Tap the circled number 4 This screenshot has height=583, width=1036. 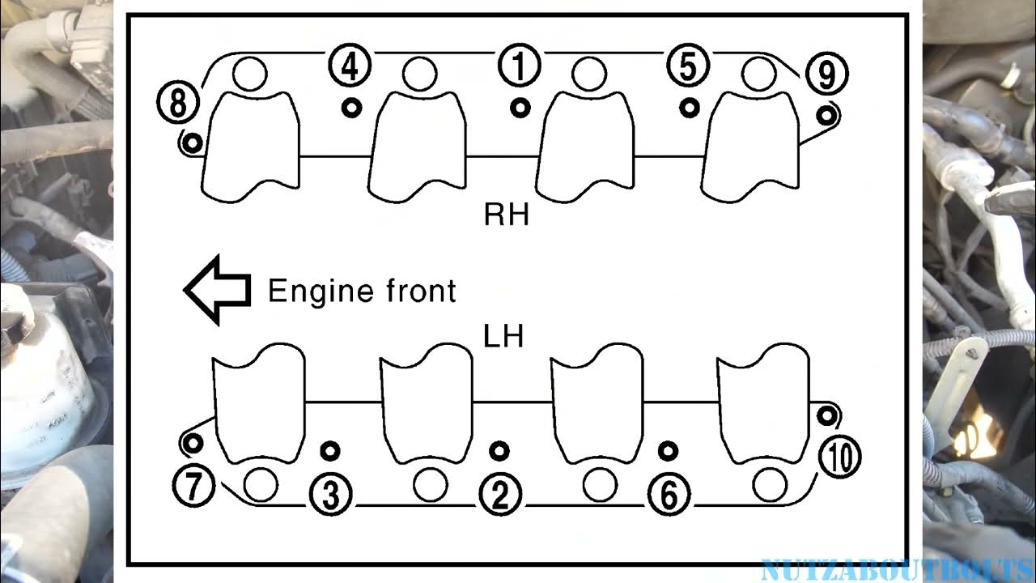point(350,66)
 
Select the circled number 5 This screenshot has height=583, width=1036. point(687,66)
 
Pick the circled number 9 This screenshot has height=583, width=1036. point(826,75)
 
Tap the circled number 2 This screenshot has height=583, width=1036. point(500,495)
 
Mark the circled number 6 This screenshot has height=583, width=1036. point(669,495)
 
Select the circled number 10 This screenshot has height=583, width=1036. point(839,457)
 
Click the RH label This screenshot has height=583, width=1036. point(506,215)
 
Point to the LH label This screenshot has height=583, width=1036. point(503,336)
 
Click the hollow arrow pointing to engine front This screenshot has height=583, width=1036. point(217,290)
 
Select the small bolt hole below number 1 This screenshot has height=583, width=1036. point(520,106)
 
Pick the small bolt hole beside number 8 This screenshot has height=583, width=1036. point(192,143)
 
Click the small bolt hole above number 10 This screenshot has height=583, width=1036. point(826,416)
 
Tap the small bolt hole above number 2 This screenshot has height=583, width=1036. point(499,450)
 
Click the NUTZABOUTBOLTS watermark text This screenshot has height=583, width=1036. point(897,570)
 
